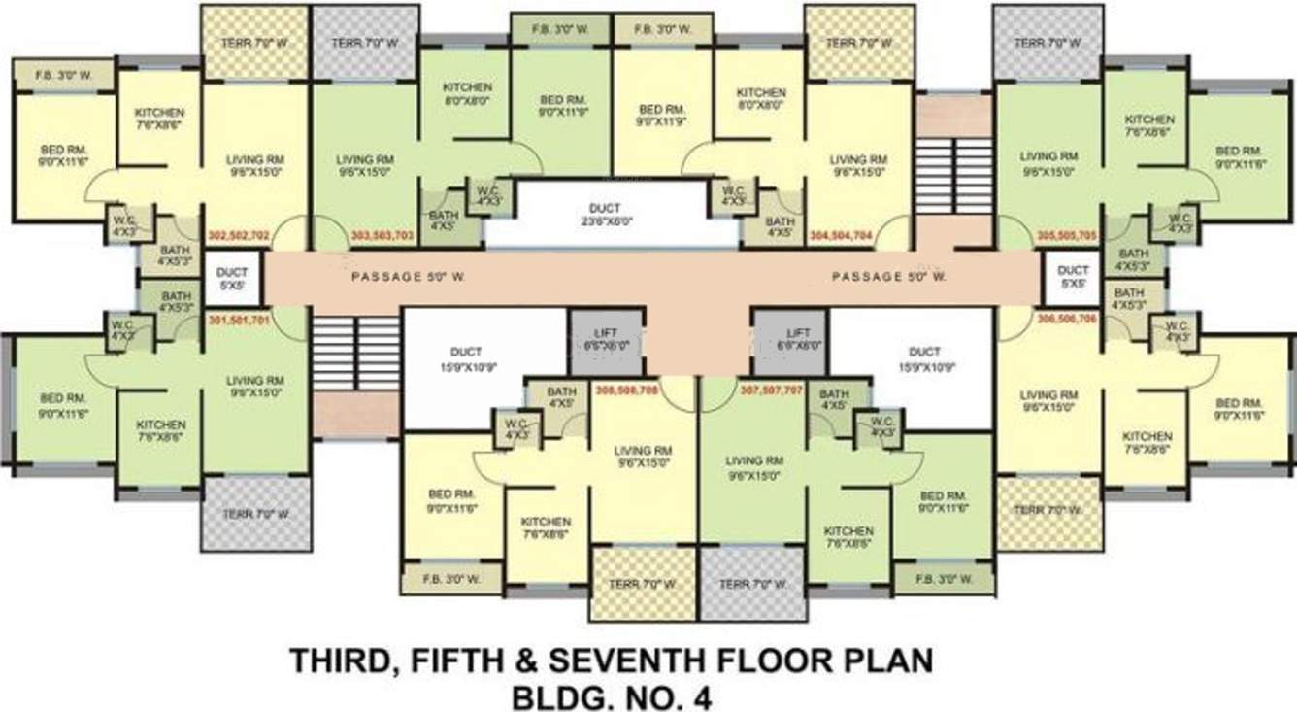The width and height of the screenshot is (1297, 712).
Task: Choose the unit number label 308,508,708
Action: point(629,390)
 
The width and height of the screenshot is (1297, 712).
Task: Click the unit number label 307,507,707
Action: point(772,390)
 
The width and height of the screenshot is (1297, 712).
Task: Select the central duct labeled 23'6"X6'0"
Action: point(611,214)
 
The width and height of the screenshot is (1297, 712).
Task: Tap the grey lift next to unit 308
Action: point(605,340)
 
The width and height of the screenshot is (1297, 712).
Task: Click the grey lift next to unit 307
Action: point(790,340)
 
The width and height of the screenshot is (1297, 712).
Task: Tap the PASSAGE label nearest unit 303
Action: point(408,277)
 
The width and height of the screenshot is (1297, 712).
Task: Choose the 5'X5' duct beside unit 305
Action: point(1072,277)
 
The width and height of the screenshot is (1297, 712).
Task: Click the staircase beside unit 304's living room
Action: point(953,175)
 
